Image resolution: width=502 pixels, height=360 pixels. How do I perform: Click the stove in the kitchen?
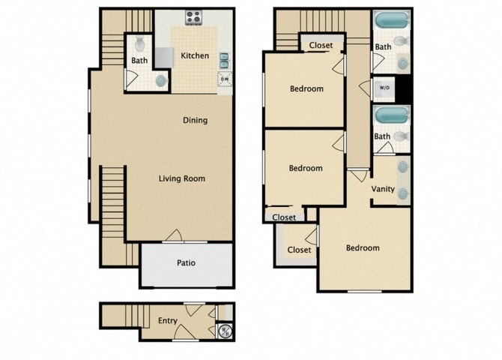pyautogui.click(x=194, y=17)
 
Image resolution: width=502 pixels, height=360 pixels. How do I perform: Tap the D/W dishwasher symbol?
pyautogui.click(x=224, y=78)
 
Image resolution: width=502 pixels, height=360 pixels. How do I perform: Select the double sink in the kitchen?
pyautogui.click(x=224, y=60)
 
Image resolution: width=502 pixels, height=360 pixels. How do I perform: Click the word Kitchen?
pyautogui.click(x=195, y=55)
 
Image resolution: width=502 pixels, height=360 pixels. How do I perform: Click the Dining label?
pyautogui.click(x=195, y=120)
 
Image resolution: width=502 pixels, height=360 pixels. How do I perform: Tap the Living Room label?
pyautogui.click(x=181, y=178)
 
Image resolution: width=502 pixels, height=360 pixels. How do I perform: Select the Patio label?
pyautogui.click(x=186, y=263)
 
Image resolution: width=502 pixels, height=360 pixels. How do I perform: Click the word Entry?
pyautogui.click(x=168, y=321)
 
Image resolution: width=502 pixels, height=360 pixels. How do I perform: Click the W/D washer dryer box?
pyautogui.click(x=384, y=88)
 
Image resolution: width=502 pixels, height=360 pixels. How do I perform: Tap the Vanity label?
pyautogui.click(x=383, y=189)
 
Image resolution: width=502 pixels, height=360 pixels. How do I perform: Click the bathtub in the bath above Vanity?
pyautogui.click(x=391, y=115)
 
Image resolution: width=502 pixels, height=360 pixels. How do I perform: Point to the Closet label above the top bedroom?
pyautogui.click(x=321, y=45)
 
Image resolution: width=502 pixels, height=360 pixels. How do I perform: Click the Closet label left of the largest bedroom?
pyautogui.click(x=299, y=250)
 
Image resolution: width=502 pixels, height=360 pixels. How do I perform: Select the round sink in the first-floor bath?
pyautogui.click(x=160, y=80)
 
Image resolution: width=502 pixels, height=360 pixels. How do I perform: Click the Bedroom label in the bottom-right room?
pyautogui.click(x=362, y=247)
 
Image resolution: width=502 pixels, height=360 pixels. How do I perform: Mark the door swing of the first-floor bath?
pyautogui.click(x=133, y=77)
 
